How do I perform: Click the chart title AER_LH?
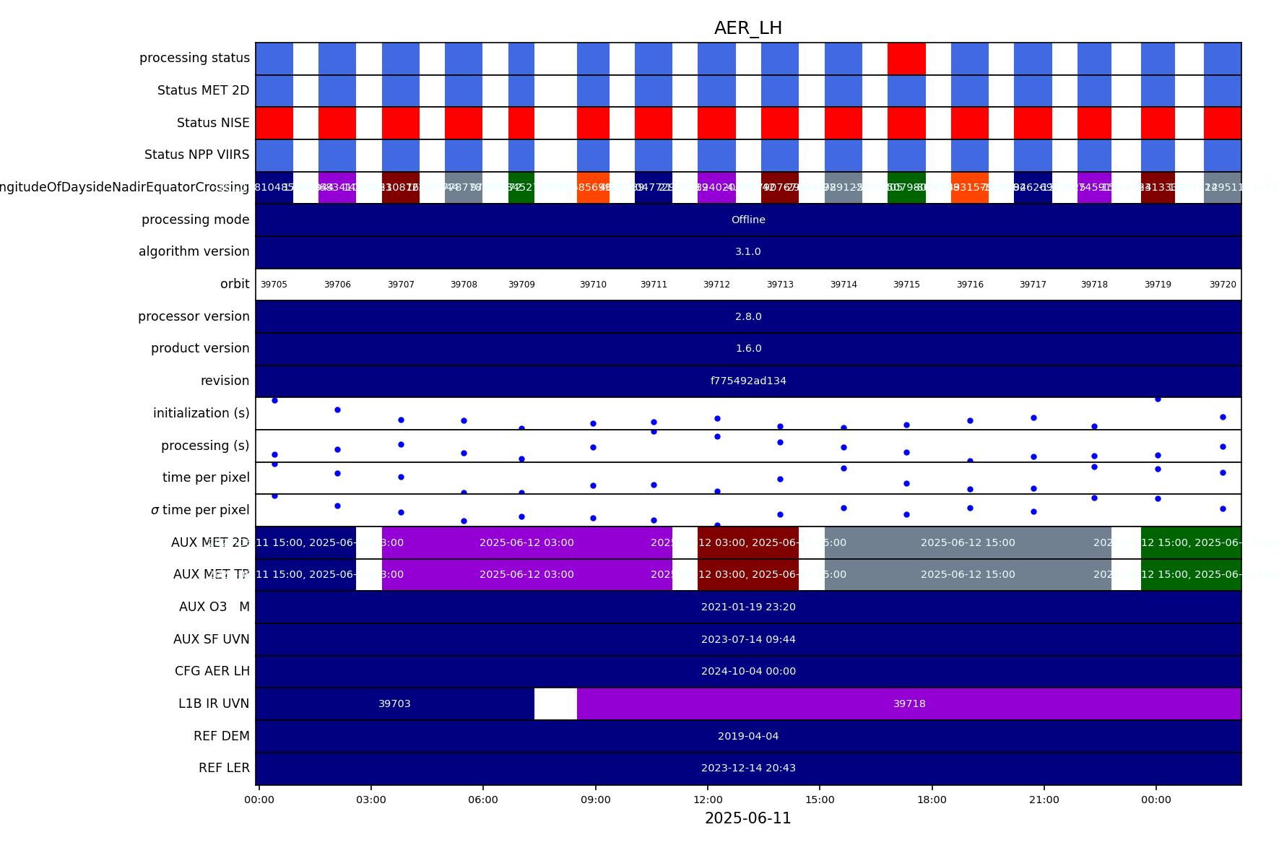pyautogui.click(x=748, y=28)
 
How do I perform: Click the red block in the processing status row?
pyautogui.click(x=906, y=59)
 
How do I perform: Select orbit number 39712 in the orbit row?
pyautogui.click(x=716, y=285)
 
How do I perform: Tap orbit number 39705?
pyautogui.click(x=274, y=285)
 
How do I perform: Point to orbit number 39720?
pyautogui.click(x=1223, y=285)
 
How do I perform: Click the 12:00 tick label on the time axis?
pyautogui.click(x=708, y=800)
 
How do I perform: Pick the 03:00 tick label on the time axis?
pyautogui.click(x=371, y=800)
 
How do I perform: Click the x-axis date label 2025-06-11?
pyautogui.click(x=748, y=818)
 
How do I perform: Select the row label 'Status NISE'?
pyautogui.click(x=213, y=123)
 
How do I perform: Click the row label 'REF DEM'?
pyautogui.click(x=222, y=736)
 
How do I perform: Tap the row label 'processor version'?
pyautogui.click(x=194, y=316)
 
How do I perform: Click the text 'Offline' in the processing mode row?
pyautogui.click(x=748, y=220)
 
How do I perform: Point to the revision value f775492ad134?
pyautogui.click(x=748, y=381)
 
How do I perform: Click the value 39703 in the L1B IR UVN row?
pyautogui.click(x=394, y=703)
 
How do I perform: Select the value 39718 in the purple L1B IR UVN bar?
pyautogui.click(x=909, y=703)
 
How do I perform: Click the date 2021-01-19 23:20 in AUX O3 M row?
pyautogui.click(x=748, y=607)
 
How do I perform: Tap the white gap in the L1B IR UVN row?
pyautogui.click(x=555, y=703)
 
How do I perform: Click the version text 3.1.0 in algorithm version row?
pyautogui.click(x=748, y=252)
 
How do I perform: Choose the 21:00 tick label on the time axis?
pyautogui.click(x=1044, y=800)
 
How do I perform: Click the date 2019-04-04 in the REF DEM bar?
pyautogui.click(x=748, y=736)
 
